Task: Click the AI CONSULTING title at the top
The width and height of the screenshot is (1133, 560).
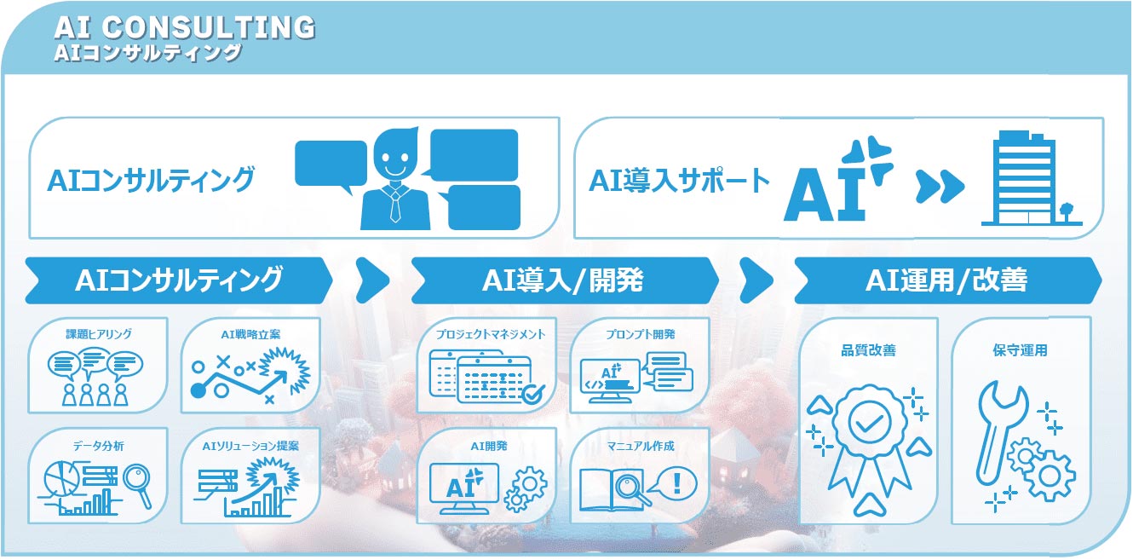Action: tap(184, 27)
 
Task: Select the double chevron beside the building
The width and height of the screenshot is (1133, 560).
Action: tap(940, 184)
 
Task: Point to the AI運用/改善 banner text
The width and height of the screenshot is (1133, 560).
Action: tap(946, 280)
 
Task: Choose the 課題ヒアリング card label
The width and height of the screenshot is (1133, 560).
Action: tap(99, 333)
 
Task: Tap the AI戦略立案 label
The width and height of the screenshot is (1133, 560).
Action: tap(250, 333)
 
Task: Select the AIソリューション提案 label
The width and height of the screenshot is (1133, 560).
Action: tap(250, 445)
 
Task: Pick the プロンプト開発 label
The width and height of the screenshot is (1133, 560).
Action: tap(639, 333)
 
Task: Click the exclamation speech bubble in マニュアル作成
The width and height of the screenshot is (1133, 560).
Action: tap(675, 484)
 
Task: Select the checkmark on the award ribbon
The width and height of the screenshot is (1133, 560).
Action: tap(869, 422)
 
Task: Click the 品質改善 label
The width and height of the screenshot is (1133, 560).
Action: tap(868, 350)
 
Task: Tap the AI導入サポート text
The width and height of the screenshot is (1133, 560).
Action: tap(679, 181)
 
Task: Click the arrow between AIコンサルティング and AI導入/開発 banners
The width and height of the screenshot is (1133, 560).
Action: tap(371, 280)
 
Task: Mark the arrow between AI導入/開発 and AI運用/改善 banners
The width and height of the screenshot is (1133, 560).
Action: tap(756, 280)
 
